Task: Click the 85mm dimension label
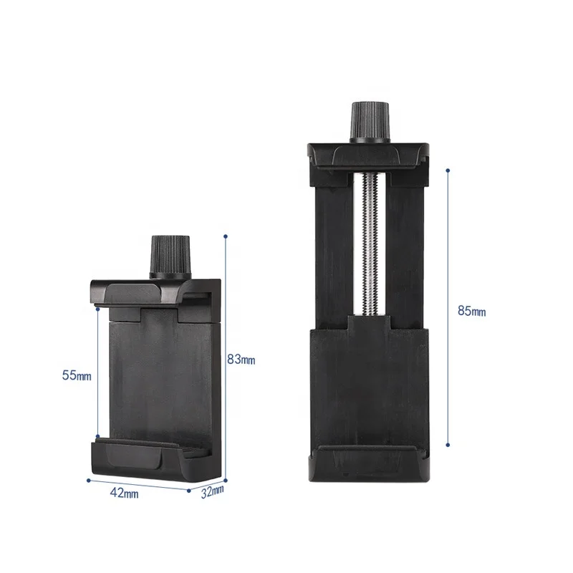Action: coord(471,311)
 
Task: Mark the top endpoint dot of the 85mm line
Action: coord(448,170)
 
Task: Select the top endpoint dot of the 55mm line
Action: coord(97,310)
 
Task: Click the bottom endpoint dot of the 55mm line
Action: coord(97,436)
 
